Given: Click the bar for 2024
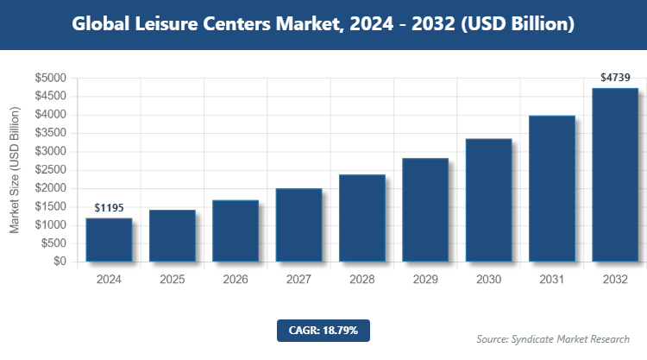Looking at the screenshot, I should coord(109,239).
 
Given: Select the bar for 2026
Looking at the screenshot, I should coord(236,231).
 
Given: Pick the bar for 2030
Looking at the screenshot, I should coord(488,199).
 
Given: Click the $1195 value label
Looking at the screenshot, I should coord(109,208).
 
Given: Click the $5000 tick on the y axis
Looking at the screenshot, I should coord(50,79).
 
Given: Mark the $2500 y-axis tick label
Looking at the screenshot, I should coord(50,170).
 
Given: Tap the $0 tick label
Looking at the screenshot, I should coord(60,262).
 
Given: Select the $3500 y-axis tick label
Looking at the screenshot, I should coord(50,134).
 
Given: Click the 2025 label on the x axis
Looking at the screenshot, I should coord(173,280).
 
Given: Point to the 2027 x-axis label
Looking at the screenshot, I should coord(298,280).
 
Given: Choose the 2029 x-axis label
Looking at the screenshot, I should coord(425,280).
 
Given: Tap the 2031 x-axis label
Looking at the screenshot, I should coord(552,280).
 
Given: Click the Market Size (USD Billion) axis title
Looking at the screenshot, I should coord(15,170).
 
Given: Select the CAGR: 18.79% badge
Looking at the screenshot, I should coord(323,330).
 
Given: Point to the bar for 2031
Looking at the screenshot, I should coord(552,188).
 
